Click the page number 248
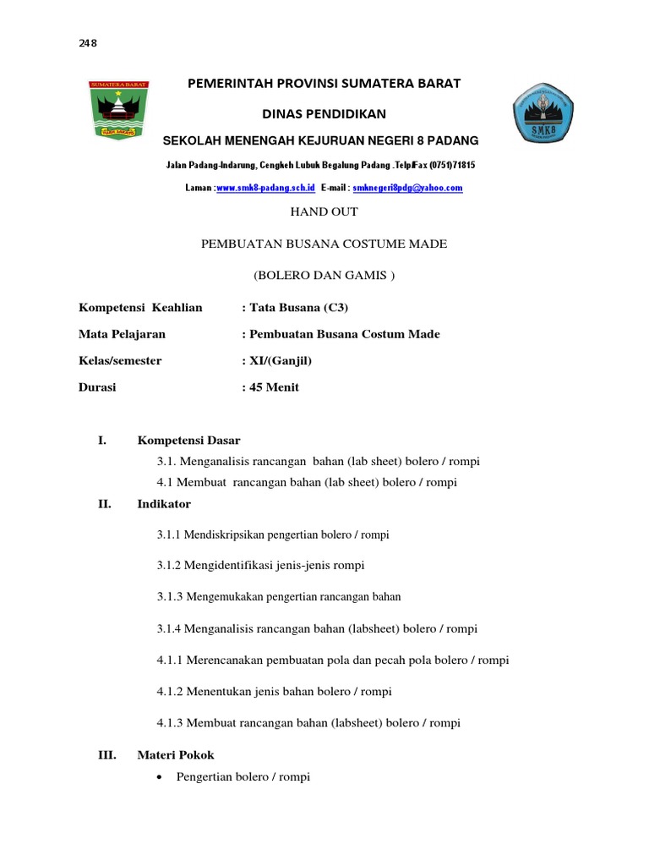pyautogui.click(x=88, y=45)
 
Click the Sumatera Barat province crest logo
pyautogui.click(x=118, y=110)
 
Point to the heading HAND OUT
pyautogui.click(x=324, y=211)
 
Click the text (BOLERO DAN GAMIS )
pyautogui.click(x=324, y=276)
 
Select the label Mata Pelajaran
pyautogui.click(x=122, y=334)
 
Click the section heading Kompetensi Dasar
pyautogui.click(x=188, y=441)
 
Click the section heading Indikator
pyautogui.click(x=164, y=504)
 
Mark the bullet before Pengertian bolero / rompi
pyautogui.click(x=161, y=776)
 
